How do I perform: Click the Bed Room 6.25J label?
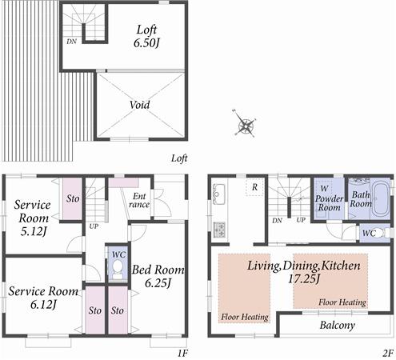[x=158, y=276]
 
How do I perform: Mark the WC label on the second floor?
[x=369, y=234]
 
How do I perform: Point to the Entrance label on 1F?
[x=139, y=200]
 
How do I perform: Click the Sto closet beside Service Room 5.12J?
[x=72, y=198]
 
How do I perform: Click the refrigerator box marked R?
[x=253, y=187]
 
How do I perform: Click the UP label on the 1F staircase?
[x=93, y=226]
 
